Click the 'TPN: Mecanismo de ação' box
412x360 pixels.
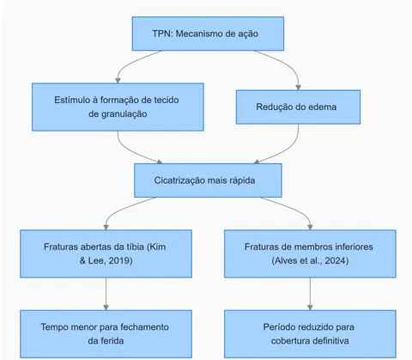tap(208, 34)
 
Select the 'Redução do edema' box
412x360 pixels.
tap(298, 107)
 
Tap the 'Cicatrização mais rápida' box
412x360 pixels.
tap(208, 180)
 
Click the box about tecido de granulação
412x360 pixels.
tap(118, 107)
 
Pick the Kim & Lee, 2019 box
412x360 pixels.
tap(106, 253)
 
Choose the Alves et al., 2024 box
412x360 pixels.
tap(310, 253)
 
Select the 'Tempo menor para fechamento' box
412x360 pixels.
tap(106, 334)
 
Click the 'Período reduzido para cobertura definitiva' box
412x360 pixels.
tap(310, 334)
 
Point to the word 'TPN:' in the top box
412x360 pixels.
tap(162, 34)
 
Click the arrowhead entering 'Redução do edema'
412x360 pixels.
tap(298, 88)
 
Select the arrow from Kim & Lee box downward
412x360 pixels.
tap(106, 294)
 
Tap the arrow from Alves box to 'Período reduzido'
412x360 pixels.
tap(310, 294)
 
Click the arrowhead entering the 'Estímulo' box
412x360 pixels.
tap(118, 81)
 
